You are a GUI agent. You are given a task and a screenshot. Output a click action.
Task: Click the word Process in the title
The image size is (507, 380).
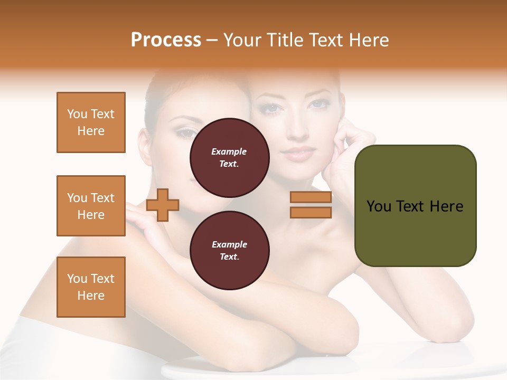tap(166, 40)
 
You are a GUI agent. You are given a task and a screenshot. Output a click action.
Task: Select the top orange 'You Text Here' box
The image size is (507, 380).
tap(91, 122)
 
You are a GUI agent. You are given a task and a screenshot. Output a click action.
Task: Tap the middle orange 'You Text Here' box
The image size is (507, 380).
tap(91, 206)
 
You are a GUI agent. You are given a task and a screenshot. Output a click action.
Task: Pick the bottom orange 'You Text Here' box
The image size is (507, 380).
tap(91, 287)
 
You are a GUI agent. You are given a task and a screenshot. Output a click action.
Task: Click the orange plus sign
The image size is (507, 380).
tap(163, 204)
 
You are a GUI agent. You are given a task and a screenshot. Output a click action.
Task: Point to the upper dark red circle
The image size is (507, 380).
tap(229, 158)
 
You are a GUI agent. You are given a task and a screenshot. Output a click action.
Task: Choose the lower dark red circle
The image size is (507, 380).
tap(229, 251)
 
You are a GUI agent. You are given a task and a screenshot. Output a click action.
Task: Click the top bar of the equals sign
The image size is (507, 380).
tap(311, 197)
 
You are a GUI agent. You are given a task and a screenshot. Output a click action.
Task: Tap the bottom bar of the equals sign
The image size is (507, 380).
tap(311, 212)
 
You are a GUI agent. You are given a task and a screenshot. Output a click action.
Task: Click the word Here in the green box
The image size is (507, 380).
tap(446, 206)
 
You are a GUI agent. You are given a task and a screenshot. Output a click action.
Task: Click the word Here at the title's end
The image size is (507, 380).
tap(370, 40)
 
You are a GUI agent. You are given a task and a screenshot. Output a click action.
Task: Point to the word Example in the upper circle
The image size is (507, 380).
tap(229, 151)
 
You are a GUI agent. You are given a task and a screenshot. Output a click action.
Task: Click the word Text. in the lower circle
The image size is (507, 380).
tap(229, 257)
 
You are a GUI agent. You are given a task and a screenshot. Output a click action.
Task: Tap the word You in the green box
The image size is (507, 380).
tap(378, 206)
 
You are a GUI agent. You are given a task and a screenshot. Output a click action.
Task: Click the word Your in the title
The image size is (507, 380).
tap(242, 40)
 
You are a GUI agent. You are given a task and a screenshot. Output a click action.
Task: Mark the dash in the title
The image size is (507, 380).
tap(212, 40)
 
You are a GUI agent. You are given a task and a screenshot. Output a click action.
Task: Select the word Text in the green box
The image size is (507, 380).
tap(410, 206)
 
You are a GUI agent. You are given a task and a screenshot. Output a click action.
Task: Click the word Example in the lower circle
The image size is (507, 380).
tap(229, 244)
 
